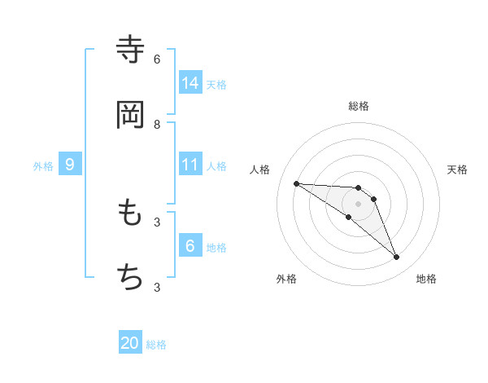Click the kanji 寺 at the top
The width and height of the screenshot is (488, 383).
click(x=130, y=49)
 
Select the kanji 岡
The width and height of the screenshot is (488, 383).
click(x=130, y=115)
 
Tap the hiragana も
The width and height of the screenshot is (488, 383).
click(x=130, y=213)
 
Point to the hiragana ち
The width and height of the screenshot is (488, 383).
click(x=130, y=277)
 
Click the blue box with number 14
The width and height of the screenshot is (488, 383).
click(x=190, y=82)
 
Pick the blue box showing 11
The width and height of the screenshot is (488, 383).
click(x=190, y=164)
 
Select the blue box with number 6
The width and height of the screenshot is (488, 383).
click(x=190, y=245)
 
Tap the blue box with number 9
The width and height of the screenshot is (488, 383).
click(x=70, y=164)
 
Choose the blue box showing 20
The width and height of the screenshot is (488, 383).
click(x=130, y=343)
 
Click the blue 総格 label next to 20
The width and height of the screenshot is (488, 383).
click(x=156, y=345)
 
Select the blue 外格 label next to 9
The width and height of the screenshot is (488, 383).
click(x=43, y=165)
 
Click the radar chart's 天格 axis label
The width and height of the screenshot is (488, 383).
click(x=457, y=169)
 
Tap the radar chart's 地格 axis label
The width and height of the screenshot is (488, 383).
click(x=426, y=279)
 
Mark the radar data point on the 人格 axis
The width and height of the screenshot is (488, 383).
click(x=296, y=183)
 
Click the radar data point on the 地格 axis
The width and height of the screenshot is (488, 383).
click(x=396, y=257)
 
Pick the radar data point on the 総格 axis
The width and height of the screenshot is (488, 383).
click(x=358, y=188)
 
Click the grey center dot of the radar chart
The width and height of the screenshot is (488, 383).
click(x=358, y=204)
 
